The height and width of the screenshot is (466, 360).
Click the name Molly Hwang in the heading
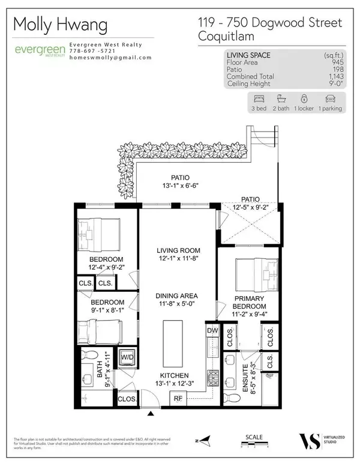pyautogui.click(x=60, y=25)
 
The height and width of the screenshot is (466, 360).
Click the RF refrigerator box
pyautogui.click(x=178, y=397)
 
